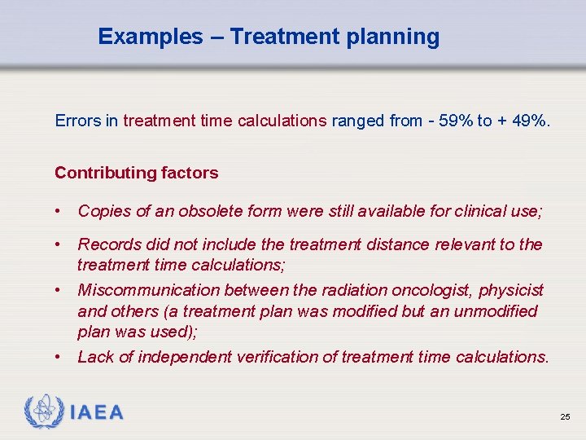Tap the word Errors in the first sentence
77,121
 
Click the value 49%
531,121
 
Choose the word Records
108,244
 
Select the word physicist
511,290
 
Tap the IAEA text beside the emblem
97,413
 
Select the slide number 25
565,417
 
